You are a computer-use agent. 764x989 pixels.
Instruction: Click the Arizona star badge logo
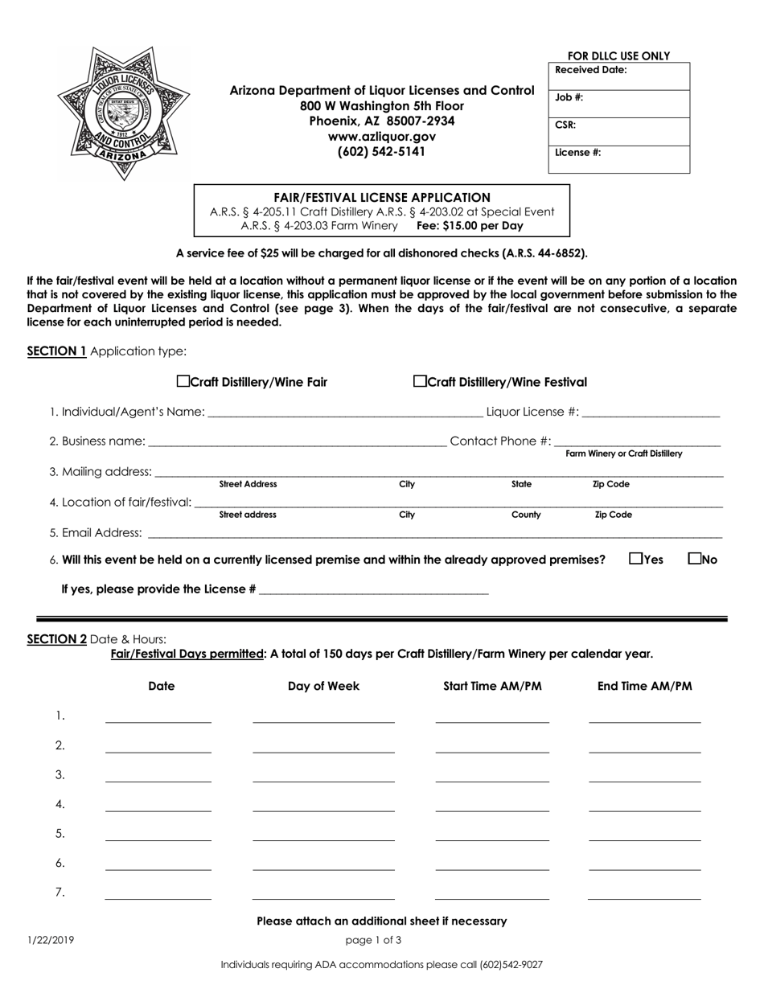124,112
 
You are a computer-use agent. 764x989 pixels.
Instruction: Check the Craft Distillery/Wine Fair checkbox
183,381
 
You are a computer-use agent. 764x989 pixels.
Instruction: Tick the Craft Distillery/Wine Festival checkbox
420,381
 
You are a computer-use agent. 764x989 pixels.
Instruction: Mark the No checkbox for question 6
696,558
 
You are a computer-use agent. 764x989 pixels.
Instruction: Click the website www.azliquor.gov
382,137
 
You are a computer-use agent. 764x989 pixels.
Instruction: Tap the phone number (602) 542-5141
382,151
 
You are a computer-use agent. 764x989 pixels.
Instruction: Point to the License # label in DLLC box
578,152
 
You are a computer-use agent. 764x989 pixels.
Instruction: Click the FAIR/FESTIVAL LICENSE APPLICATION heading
382,197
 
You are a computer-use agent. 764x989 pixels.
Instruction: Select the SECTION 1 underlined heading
57,351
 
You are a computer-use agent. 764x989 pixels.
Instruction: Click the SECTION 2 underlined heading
57,639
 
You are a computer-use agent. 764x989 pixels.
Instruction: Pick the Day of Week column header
323,686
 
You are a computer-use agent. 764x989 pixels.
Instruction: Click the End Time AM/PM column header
644,686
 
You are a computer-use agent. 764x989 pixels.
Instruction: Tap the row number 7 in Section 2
60,892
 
